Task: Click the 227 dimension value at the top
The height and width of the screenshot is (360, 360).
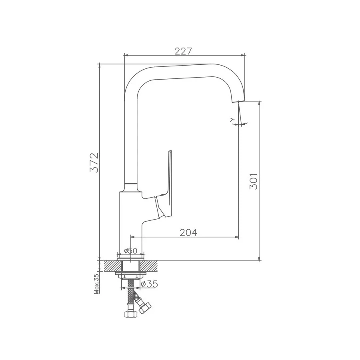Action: click(x=184, y=51)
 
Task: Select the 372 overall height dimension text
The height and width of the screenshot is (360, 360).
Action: click(x=94, y=162)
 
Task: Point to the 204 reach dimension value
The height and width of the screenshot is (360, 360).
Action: click(x=188, y=232)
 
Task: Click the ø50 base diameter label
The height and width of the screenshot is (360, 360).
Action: click(x=130, y=251)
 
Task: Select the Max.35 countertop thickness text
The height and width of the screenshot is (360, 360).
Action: click(x=96, y=284)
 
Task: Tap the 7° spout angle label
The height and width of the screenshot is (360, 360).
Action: click(x=232, y=120)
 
